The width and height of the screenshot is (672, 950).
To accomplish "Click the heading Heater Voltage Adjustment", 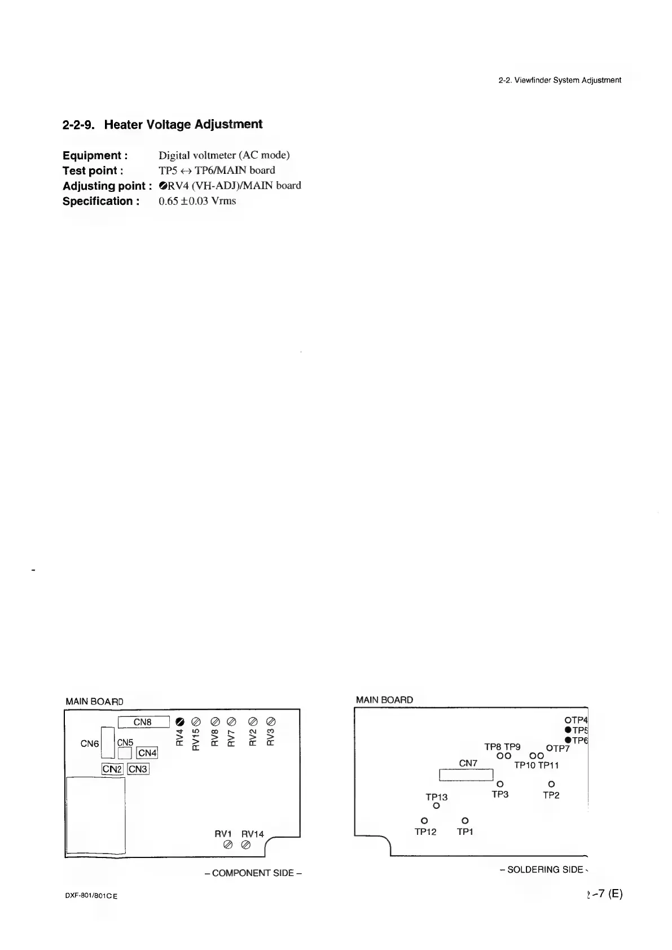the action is pos(162,124).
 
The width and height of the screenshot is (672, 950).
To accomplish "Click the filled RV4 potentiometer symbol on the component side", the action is pos(180,721).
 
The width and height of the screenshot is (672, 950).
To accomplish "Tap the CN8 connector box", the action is pos(143,722).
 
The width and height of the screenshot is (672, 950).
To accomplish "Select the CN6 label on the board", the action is pos(90,744).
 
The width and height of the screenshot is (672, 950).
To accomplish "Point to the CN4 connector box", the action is pos(147,753).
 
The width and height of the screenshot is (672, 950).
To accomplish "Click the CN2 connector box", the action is pos(112,769).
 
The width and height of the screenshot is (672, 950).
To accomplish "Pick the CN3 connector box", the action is pos(138,769).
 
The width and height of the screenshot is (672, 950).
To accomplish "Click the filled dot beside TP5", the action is pos(566,730).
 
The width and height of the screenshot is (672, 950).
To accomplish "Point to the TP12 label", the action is pos(425,832).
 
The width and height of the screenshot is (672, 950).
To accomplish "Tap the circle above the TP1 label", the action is pos(465,820).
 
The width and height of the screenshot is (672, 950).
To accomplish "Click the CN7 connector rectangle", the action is pos(467,775).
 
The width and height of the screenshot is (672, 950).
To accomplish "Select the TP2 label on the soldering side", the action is pos(551,795).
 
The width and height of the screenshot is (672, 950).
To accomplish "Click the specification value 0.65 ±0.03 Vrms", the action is pos(197,201).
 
